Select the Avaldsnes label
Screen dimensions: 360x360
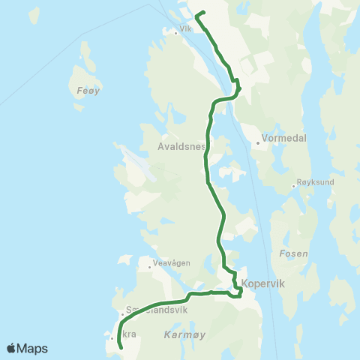click(x=182, y=147)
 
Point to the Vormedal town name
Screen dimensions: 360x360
click(x=281, y=139)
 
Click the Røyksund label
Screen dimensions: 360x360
click(x=315, y=182)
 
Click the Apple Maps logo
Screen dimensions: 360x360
click(x=27, y=348)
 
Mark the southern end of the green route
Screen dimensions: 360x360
click(x=121, y=347)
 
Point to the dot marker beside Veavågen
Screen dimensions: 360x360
click(x=149, y=263)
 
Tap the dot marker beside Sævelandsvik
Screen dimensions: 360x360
click(x=123, y=314)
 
